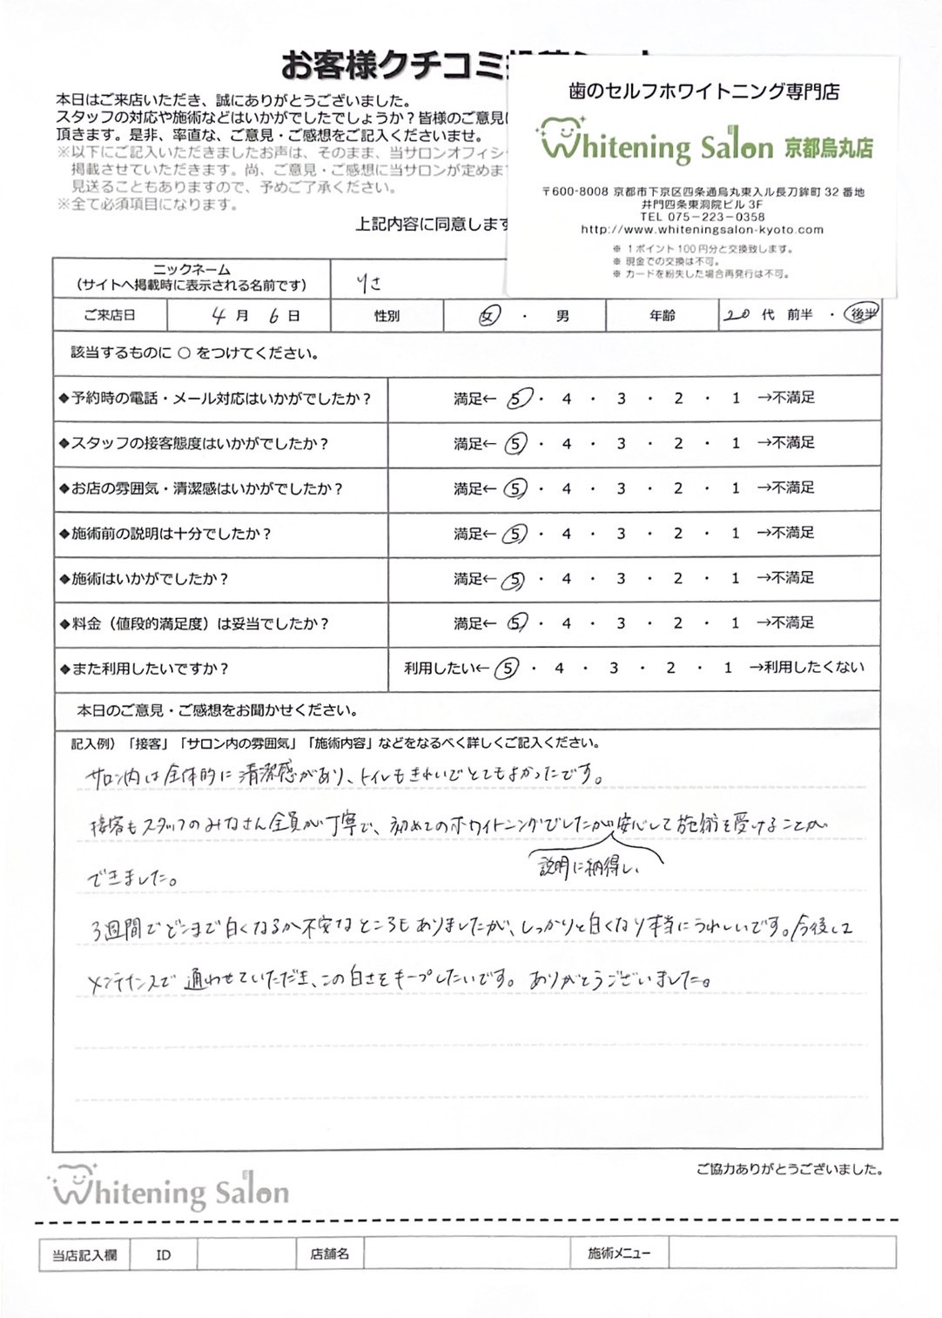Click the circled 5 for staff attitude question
[515, 444]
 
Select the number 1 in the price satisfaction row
[736, 623]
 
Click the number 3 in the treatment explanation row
[621, 534]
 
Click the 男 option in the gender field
[562, 316]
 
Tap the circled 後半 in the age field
[862, 314]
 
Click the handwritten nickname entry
[368, 283]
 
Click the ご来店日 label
[109, 315]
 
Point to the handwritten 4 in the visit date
[219, 316]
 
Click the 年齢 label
[662, 315]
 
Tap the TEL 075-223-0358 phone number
[702, 217]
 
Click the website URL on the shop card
[702, 230]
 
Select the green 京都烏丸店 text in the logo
[828, 147]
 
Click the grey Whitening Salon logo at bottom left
[170, 1189]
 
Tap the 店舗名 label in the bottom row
[329, 1254]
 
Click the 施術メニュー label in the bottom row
[618, 1254]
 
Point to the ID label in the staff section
[163, 1254]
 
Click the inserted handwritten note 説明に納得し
[590, 867]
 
